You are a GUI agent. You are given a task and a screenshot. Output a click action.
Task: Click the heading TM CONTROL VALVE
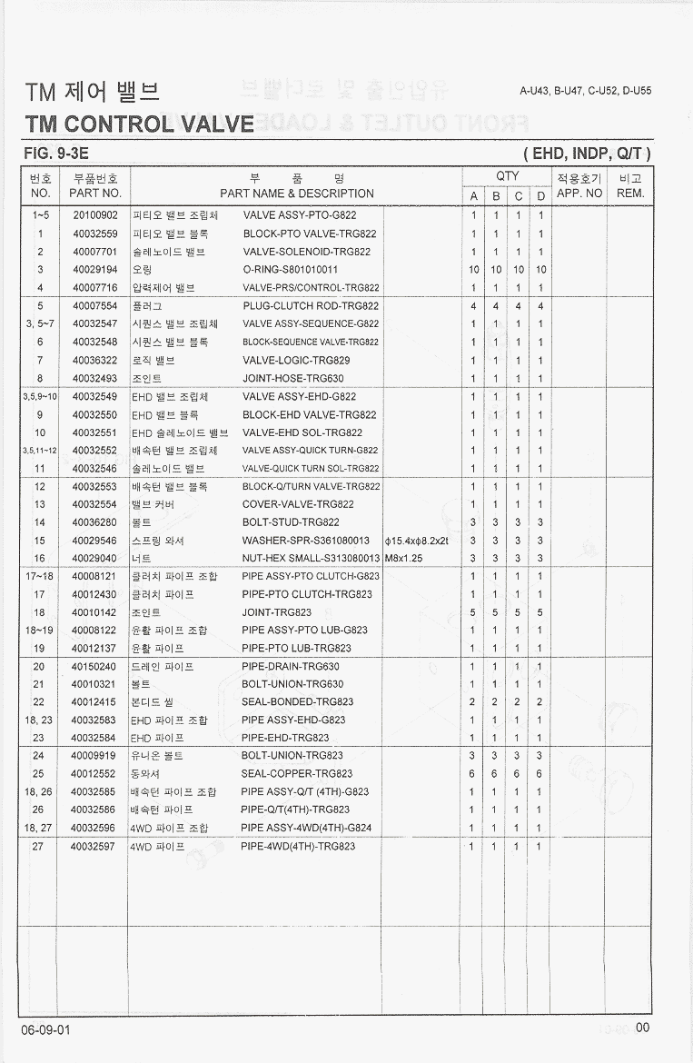coord(140,124)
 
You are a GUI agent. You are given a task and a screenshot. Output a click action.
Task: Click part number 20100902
coord(94,216)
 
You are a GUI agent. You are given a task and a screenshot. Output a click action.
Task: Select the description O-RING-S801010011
coord(290,270)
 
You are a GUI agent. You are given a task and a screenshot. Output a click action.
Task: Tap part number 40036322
coord(94,361)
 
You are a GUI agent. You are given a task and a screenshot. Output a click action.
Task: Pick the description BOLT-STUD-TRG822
coord(291,522)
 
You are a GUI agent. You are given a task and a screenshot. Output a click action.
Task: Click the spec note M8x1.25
coord(404,559)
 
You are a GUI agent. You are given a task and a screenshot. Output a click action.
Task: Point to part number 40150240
coord(94,666)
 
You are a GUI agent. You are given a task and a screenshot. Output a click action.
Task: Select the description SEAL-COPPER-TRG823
coord(297,774)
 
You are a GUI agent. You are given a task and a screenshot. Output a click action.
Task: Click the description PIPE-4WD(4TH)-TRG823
coord(299,846)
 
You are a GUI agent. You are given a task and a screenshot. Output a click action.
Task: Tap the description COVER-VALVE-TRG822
coord(298,504)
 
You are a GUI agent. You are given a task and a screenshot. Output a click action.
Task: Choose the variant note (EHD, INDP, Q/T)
coord(587,154)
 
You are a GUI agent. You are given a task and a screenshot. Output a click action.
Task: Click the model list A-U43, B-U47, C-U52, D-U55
coord(585,91)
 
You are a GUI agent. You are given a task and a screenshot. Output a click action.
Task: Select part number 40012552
coord(94,774)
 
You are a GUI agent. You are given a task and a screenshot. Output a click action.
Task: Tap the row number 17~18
coord(40,576)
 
